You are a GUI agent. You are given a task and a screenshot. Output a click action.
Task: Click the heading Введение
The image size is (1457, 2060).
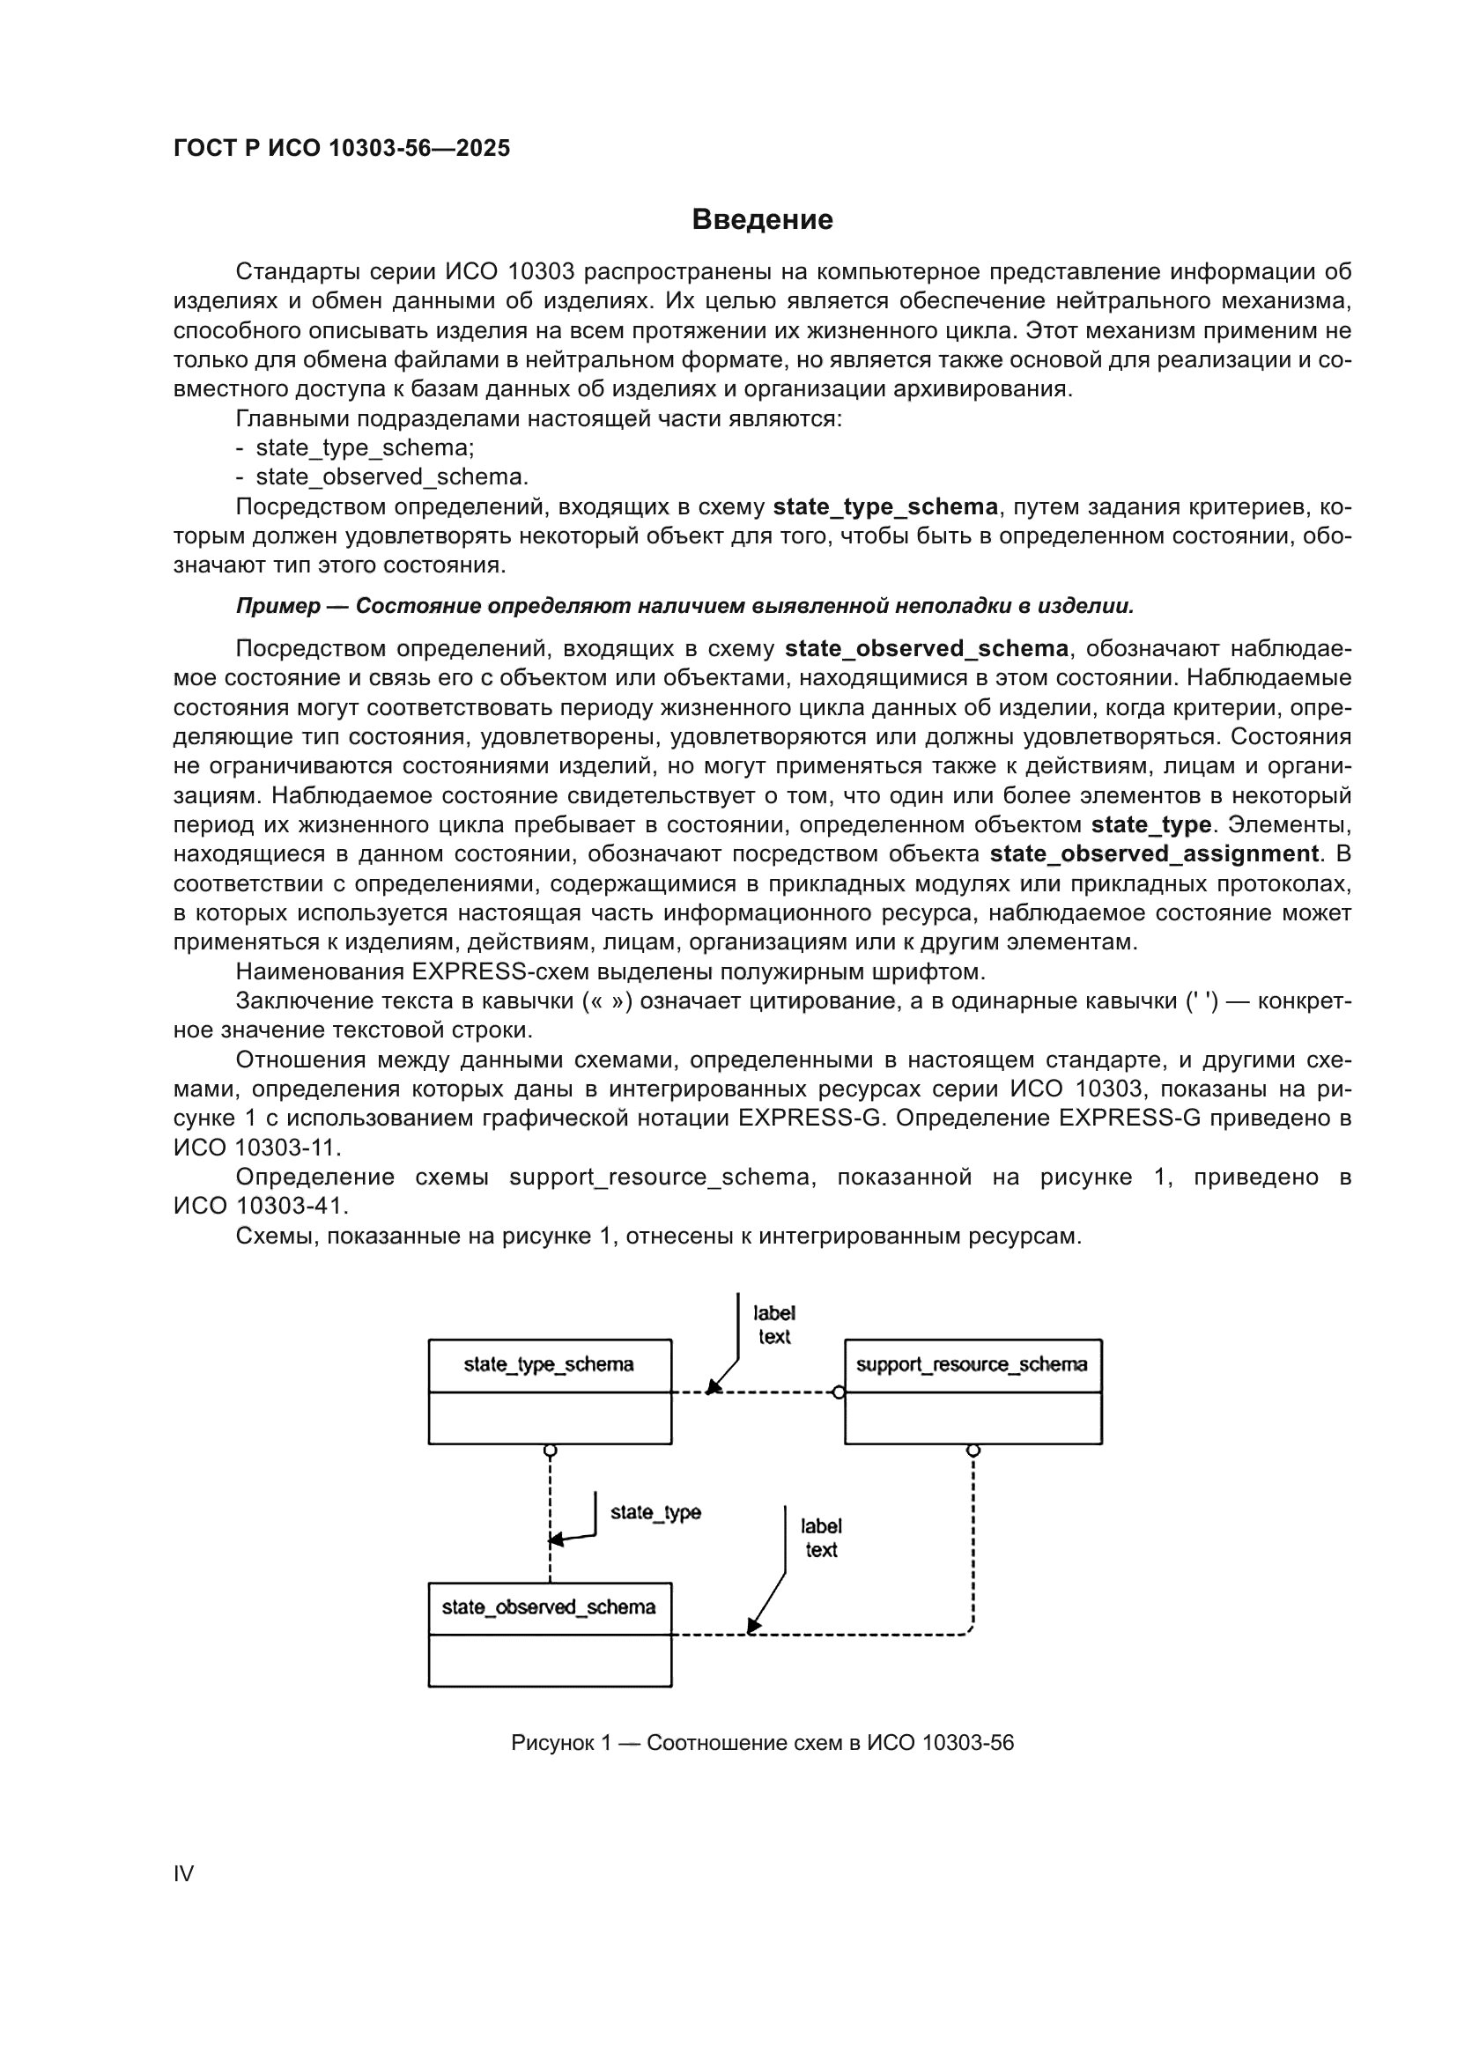[x=762, y=220]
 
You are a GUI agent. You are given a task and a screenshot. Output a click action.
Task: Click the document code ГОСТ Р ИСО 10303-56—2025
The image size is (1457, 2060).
[x=342, y=148]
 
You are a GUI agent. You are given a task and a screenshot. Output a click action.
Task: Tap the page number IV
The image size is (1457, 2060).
[x=183, y=1873]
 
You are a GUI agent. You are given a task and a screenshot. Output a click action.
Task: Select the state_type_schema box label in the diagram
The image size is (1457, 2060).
[x=548, y=1364]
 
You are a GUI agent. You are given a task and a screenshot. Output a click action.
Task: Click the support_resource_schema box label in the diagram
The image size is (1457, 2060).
[x=971, y=1364]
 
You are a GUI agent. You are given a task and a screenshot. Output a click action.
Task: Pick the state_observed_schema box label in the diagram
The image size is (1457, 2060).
[x=548, y=1607]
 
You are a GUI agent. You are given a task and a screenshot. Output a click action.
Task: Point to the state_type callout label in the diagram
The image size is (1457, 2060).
[x=655, y=1513]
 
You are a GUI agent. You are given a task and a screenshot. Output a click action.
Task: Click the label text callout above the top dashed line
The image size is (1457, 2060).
[x=773, y=1325]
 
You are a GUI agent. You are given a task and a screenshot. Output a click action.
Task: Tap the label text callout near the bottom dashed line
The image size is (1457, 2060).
[x=821, y=1538]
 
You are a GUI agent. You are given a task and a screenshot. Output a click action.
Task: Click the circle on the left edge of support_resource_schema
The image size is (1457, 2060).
[x=838, y=1392]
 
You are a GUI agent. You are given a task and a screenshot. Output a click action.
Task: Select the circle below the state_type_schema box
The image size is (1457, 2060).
[x=550, y=1450]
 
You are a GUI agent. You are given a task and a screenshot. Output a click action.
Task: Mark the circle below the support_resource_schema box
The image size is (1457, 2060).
[x=973, y=1450]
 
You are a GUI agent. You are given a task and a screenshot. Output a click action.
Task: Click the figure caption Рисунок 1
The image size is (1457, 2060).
[x=762, y=1742]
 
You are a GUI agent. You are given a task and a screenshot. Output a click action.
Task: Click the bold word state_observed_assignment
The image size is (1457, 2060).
[x=1154, y=853]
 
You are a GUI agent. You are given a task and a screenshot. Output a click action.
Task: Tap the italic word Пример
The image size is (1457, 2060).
[x=278, y=607]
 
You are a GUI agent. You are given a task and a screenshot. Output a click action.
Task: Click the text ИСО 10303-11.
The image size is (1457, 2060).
[x=256, y=1147]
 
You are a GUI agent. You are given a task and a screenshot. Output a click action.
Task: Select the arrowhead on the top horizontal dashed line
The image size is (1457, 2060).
[x=712, y=1389]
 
